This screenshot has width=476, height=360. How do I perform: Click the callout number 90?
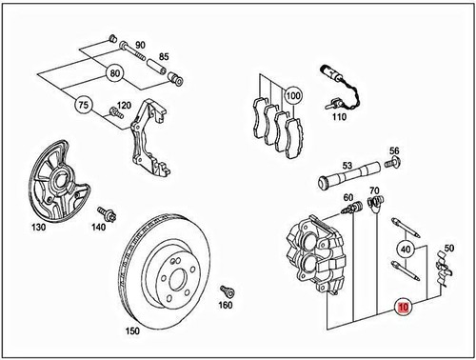point(140,45)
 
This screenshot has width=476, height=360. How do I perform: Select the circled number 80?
point(115,72)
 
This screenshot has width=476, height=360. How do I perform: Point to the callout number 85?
point(164,56)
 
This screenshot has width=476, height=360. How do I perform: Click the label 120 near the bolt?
point(124,106)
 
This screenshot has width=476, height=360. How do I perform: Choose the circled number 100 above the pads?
point(292,96)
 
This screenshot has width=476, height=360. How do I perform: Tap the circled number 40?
point(407,250)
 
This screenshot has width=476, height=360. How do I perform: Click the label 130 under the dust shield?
point(38,229)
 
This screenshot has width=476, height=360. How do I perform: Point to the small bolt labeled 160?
point(227,290)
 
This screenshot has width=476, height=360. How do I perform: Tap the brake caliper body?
point(319,252)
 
